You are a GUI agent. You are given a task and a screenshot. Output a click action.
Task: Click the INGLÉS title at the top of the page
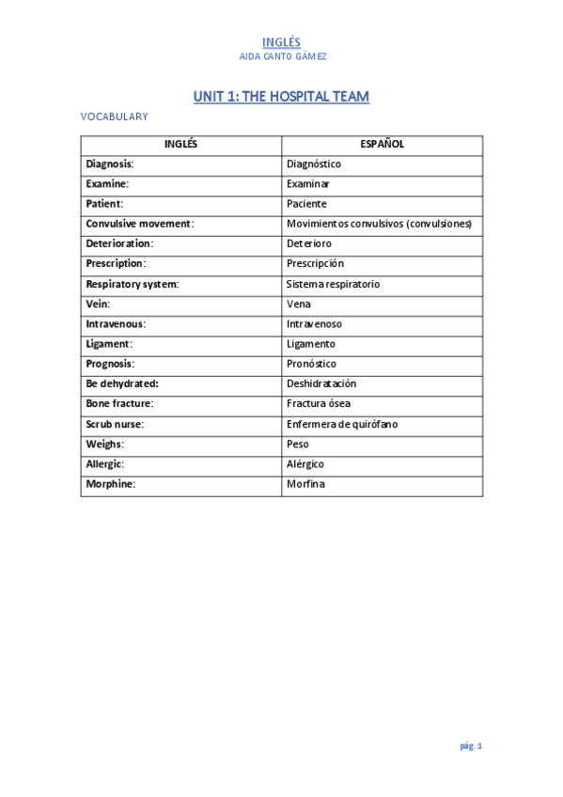[x=281, y=41]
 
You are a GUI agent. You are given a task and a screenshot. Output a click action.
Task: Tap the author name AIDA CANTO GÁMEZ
[x=281, y=56]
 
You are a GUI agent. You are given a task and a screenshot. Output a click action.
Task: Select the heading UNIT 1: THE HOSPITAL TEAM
[x=281, y=97]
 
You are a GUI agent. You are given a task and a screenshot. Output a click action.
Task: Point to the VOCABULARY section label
[x=114, y=117]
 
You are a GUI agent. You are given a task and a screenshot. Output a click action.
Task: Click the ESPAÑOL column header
[x=382, y=145]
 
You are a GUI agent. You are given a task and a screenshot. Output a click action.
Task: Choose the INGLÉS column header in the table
[x=180, y=145]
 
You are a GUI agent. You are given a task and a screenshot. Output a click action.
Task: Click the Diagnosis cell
[x=110, y=164]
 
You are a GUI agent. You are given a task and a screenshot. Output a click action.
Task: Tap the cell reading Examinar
[x=308, y=184]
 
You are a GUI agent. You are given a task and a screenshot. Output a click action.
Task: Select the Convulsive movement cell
[x=139, y=224]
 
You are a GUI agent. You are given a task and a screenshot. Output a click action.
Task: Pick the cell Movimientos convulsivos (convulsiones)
[x=379, y=224]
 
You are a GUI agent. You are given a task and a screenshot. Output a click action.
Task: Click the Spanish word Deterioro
[x=308, y=243]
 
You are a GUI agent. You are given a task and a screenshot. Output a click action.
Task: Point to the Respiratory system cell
[x=133, y=284]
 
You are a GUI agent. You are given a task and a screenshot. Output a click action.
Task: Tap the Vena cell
[x=299, y=305]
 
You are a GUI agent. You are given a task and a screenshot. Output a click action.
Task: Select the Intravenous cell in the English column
[x=116, y=324]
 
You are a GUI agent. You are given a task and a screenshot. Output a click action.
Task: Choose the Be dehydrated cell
[x=122, y=383]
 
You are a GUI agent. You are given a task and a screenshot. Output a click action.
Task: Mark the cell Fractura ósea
[x=319, y=404]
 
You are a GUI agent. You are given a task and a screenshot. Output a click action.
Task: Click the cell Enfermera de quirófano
[x=342, y=424]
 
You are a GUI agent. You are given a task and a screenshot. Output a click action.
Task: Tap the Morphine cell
[x=111, y=484]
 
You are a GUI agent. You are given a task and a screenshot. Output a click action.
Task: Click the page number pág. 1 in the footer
[x=471, y=746]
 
